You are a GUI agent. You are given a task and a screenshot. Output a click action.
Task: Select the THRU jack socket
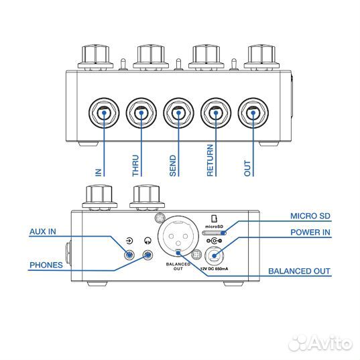[141, 113]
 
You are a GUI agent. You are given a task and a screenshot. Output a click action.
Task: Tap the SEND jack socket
[178, 113]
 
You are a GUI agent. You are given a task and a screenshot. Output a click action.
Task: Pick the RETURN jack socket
[215, 113]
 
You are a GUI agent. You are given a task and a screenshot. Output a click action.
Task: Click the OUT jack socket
[252, 113]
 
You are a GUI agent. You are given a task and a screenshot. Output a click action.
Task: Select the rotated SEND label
[173, 164]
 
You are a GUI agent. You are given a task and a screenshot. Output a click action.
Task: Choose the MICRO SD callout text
[310, 216]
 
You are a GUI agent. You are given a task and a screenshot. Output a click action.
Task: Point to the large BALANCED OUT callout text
[299, 272]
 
